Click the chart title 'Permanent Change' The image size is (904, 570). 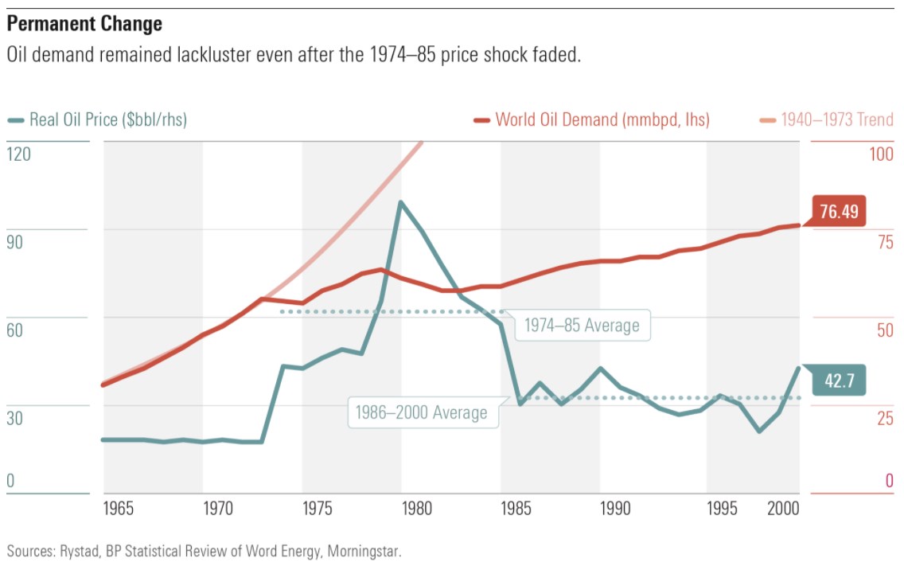click(x=84, y=24)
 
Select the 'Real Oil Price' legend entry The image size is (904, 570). click(x=107, y=120)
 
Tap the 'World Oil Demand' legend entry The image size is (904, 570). click(x=602, y=120)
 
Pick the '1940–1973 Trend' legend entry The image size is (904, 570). click(x=836, y=120)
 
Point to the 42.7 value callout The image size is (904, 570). click(x=838, y=381)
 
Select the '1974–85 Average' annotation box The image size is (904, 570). click(x=581, y=325)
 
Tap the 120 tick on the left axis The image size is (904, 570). click(x=19, y=154)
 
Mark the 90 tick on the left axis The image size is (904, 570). click(x=15, y=242)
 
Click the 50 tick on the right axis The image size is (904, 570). click(x=885, y=330)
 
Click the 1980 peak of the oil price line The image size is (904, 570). click(x=400, y=202)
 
